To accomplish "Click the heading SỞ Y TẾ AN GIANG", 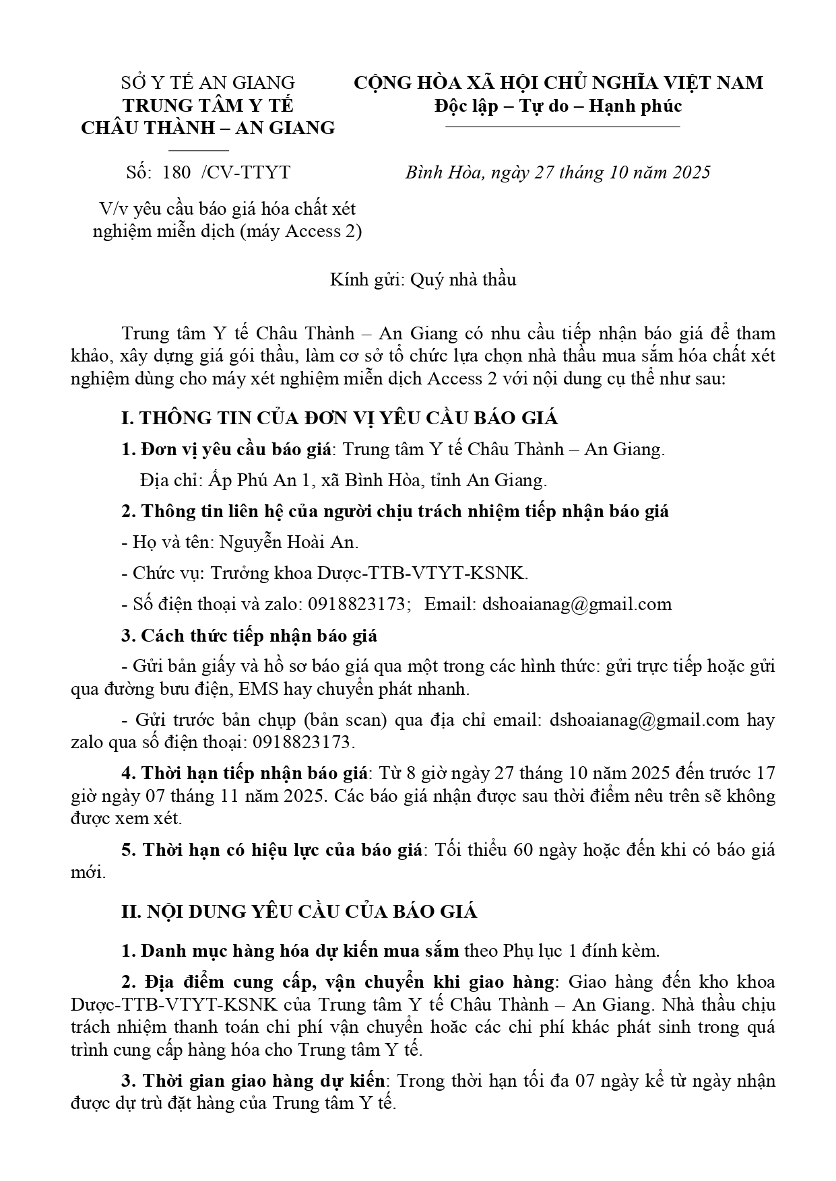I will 207,83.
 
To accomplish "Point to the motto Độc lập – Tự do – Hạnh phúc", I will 558,106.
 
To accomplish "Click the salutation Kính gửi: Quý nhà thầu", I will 422,279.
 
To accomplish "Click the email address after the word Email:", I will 577,604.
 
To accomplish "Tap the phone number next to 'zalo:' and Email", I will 357,604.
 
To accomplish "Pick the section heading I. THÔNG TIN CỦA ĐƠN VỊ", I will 340,418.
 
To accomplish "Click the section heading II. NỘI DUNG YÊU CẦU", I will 299,912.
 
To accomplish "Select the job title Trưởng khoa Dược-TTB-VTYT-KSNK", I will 369,573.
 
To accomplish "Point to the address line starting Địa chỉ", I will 344,480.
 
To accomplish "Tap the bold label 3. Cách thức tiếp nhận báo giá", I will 249,635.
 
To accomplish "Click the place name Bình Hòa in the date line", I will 443,172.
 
